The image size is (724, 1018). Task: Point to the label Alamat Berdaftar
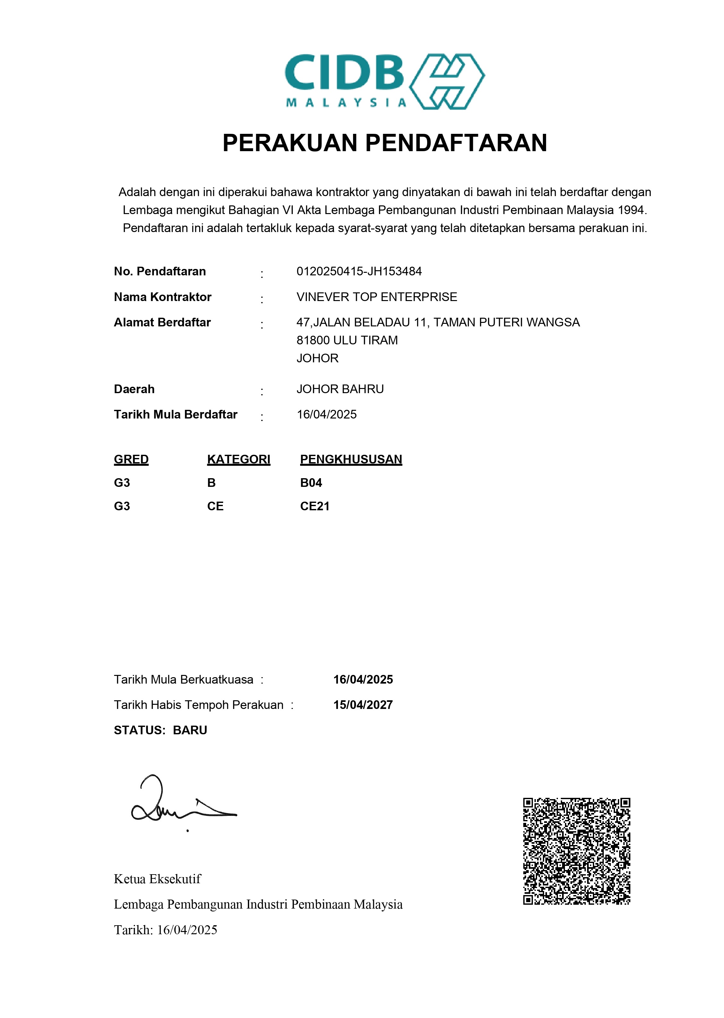pyautogui.click(x=162, y=322)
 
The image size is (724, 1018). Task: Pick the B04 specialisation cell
pyautogui.click(x=311, y=483)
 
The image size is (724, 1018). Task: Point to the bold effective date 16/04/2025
pyautogui.click(x=363, y=679)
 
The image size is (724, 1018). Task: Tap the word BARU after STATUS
pyautogui.click(x=190, y=730)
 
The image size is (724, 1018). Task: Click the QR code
pyautogui.click(x=577, y=851)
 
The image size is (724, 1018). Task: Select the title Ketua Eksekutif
pyautogui.click(x=157, y=879)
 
